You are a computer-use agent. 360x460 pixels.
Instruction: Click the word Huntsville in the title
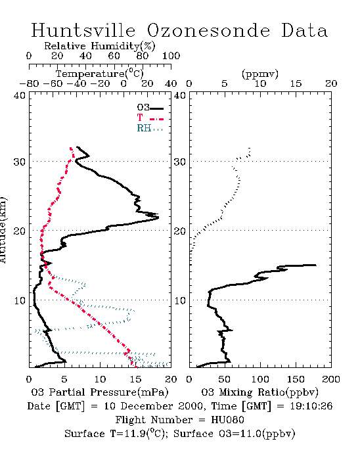click(x=83, y=30)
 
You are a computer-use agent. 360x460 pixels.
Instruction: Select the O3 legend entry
click(x=150, y=107)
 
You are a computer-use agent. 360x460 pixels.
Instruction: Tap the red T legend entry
click(x=150, y=118)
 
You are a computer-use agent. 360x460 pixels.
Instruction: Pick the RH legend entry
click(x=150, y=128)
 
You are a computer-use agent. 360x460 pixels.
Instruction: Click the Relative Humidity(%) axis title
click(x=100, y=46)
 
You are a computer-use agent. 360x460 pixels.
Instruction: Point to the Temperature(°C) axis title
click(x=100, y=74)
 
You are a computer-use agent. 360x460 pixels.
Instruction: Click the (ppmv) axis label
click(x=260, y=74)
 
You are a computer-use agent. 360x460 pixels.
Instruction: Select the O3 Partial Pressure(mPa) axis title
click(x=100, y=392)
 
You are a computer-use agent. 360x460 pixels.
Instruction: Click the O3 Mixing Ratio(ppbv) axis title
click(x=259, y=392)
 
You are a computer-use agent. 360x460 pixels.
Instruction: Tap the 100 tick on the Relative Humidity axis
click(x=171, y=56)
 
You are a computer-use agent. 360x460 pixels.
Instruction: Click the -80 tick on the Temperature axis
click(x=29, y=83)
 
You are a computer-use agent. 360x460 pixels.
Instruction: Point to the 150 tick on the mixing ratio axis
click(x=296, y=379)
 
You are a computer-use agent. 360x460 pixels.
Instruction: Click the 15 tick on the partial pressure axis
click(x=135, y=379)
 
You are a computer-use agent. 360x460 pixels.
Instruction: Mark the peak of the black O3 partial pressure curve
click(x=158, y=218)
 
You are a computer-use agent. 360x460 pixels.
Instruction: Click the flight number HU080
click(x=227, y=420)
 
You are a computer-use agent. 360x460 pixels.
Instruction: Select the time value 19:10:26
click(x=311, y=406)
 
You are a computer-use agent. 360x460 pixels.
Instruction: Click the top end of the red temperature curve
click(x=71, y=148)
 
